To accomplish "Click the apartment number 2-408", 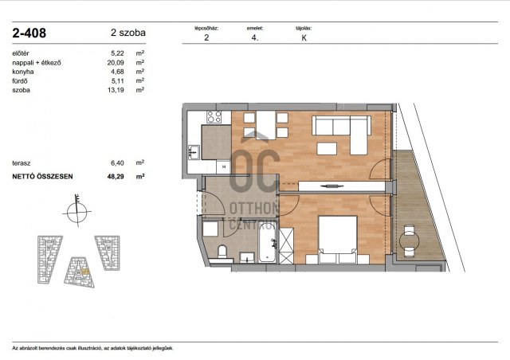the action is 29,33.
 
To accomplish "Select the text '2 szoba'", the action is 128,33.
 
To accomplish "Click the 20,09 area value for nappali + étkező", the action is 116,62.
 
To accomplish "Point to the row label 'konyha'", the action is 23,72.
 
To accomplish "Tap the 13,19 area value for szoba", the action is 116,90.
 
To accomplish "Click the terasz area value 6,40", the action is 117,163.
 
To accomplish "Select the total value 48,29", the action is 116,177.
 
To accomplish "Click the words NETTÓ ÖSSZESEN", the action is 42,177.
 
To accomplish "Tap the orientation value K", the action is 304,38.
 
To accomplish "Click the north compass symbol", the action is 77,211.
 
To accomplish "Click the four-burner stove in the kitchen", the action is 214,117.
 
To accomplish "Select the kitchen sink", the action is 194,152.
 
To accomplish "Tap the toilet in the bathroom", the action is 222,252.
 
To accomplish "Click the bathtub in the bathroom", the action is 268,243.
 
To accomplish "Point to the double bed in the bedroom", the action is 338,240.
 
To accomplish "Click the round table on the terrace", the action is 409,241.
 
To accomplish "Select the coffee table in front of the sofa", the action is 327,149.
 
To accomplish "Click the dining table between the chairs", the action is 265,125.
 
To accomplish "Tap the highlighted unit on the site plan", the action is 85,271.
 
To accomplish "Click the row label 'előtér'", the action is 21,53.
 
